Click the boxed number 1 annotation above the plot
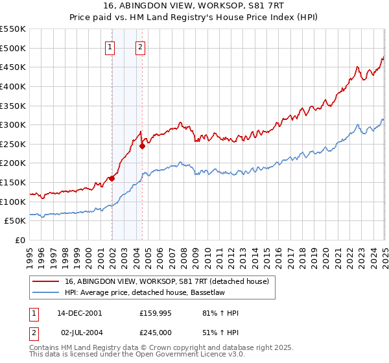pos(110,46)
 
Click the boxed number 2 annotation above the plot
pos(140,46)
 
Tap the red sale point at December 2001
pos(112,178)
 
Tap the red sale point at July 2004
pos(142,146)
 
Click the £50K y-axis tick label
pos(16,221)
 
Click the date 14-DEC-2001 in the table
pos(80,313)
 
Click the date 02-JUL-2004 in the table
pos(79,333)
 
